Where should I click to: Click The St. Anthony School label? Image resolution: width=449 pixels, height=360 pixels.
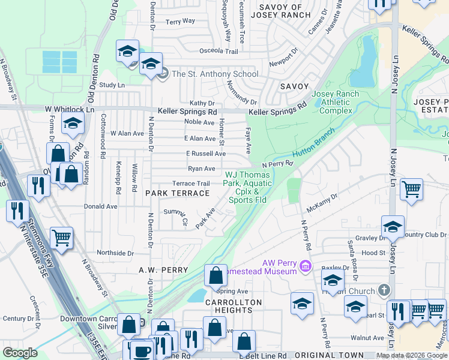pos(215,74)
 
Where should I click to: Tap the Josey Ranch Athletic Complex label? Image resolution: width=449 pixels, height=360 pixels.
pos(336,103)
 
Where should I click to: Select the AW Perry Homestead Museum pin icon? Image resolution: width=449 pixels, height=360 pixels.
pos(305,265)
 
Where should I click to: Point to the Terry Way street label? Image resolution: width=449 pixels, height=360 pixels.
pos(180,21)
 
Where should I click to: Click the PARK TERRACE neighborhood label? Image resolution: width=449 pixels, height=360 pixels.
pos(178,193)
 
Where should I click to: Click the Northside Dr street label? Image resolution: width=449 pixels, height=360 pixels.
pos(115,253)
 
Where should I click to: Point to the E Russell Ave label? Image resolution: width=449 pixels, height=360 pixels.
pos(205,154)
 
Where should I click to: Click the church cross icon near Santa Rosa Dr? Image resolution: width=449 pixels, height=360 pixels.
pos(385,290)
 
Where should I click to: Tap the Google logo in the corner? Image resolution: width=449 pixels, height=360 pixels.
pos(20,353)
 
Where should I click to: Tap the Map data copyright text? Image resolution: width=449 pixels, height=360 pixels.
pos(411,355)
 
